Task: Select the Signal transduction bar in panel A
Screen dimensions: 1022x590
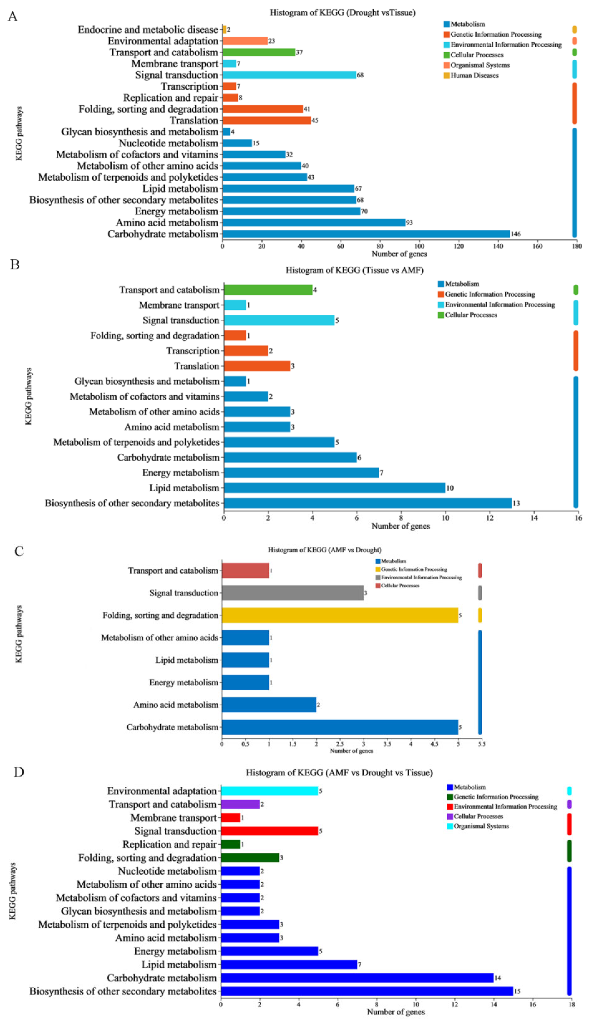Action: point(289,75)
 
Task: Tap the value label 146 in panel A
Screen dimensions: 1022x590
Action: point(515,234)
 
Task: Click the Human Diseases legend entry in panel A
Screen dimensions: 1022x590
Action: point(474,76)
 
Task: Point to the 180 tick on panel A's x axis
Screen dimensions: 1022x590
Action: point(577,246)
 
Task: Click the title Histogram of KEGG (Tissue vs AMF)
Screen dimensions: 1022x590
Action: point(354,270)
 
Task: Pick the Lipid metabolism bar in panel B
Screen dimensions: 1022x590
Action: point(334,488)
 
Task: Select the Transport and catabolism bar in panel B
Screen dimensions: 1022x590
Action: point(268,290)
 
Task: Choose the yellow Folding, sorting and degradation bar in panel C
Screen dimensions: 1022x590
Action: point(340,615)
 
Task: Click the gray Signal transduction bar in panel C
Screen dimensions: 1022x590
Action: point(292,593)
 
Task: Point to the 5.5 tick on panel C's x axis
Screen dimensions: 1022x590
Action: point(481,744)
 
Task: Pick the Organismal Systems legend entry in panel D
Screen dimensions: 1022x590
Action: point(481,826)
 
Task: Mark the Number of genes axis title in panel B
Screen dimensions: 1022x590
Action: point(400,526)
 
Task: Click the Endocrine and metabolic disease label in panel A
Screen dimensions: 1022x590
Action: point(148,30)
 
